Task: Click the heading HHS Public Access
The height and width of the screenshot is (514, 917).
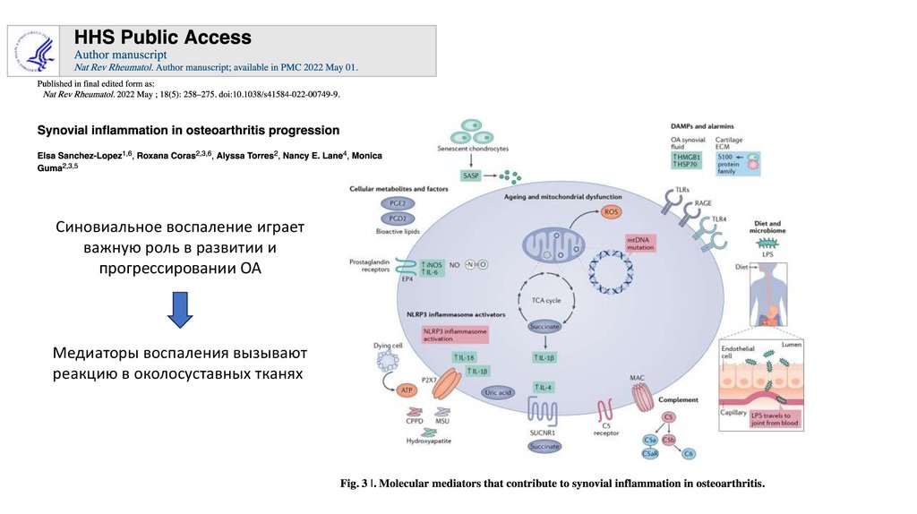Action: pyautogui.click(x=162, y=38)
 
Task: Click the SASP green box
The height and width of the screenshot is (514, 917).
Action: pyautogui.click(x=470, y=176)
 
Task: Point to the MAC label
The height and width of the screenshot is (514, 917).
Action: pyautogui.click(x=638, y=378)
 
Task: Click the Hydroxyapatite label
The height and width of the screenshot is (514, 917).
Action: pyautogui.click(x=427, y=442)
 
